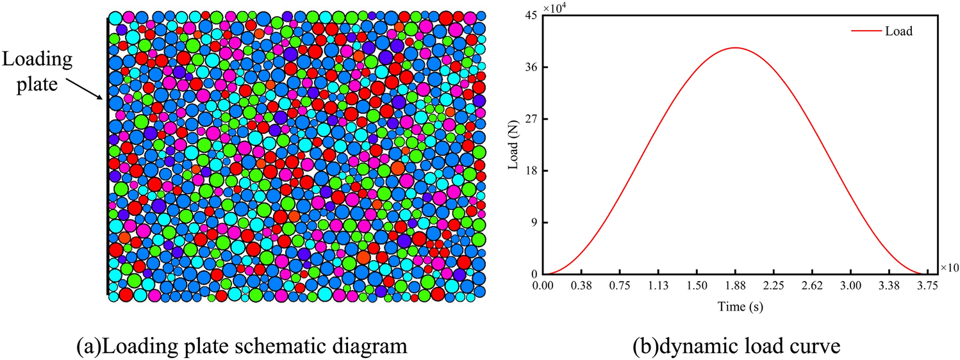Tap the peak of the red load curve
click(735, 48)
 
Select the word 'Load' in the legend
click(899, 30)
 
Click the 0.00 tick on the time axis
click(543, 285)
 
